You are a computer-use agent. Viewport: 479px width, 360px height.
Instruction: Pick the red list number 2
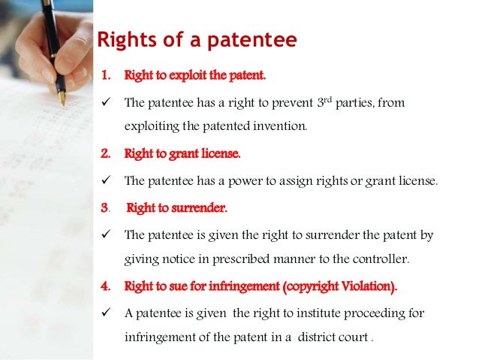(105, 154)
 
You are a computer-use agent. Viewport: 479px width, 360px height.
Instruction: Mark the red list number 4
(105, 286)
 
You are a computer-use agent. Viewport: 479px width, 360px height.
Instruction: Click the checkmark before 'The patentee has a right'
(106, 102)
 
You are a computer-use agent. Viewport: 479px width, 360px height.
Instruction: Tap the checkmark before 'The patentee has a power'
(106, 180)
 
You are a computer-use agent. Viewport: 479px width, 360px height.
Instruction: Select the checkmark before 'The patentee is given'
(106, 234)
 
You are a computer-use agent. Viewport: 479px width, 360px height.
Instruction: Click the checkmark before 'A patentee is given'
(106, 313)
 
